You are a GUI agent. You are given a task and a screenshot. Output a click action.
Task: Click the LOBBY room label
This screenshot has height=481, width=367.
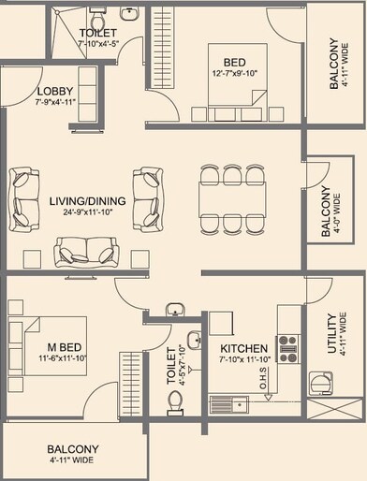click(29, 91)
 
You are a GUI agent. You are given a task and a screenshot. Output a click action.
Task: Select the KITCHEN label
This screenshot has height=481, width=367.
click(238, 346)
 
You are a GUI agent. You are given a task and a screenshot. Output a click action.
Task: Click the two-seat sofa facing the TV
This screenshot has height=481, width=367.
click(88, 251)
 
